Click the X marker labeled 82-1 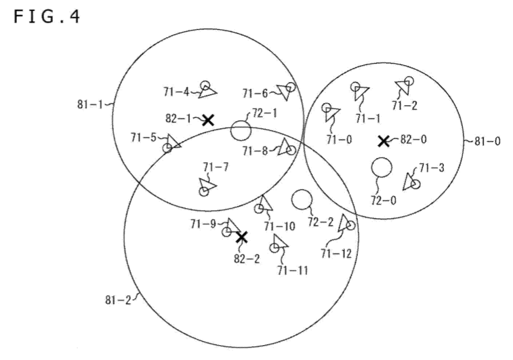(x=208, y=120)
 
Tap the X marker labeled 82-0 (x=384, y=141)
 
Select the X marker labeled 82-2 (x=241, y=237)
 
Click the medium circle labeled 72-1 (x=241, y=130)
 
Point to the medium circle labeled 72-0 (x=382, y=167)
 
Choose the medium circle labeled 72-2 (x=302, y=199)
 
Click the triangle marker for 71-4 (x=207, y=92)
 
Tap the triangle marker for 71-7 (x=207, y=185)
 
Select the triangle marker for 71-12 (x=344, y=223)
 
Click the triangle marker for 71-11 (x=280, y=241)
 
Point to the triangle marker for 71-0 (x=332, y=114)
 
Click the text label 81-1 (x=90, y=104)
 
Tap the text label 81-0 (x=487, y=142)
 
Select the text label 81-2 (x=118, y=300)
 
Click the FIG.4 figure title (x=47, y=17)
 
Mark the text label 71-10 (x=280, y=226)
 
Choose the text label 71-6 (x=255, y=94)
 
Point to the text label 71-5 (x=144, y=138)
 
